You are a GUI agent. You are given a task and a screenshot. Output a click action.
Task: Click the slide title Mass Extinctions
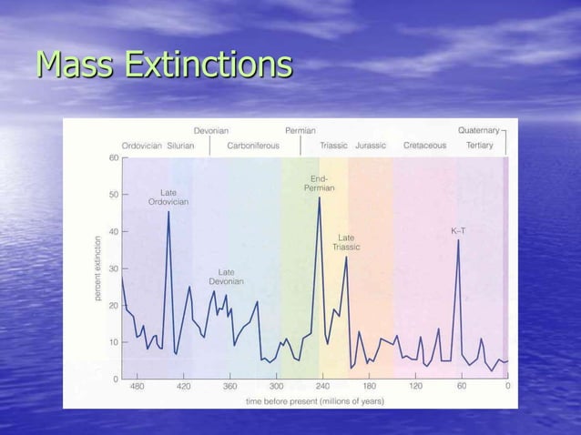click(164, 66)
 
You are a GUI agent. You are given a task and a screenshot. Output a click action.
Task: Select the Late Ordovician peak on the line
click(168, 213)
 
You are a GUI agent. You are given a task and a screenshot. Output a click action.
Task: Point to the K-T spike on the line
click(458, 240)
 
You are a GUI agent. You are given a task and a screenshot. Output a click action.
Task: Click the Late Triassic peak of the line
click(346, 257)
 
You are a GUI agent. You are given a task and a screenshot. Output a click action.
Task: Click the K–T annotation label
click(458, 231)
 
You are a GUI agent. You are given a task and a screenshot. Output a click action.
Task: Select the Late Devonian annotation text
click(226, 277)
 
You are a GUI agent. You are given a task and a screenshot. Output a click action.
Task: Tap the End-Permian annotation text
click(320, 183)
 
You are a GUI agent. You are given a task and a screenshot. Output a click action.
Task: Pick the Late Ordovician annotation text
click(168, 197)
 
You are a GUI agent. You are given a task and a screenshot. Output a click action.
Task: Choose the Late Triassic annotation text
click(346, 242)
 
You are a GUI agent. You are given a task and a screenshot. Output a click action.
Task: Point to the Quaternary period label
click(478, 130)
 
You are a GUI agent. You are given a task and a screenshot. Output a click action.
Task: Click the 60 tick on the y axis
click(113, 157)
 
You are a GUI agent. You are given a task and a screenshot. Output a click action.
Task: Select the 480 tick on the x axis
click(137, 386)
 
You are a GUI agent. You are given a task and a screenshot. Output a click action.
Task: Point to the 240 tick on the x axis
click(323, 386)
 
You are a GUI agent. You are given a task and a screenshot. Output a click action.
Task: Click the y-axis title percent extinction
click(98, 269)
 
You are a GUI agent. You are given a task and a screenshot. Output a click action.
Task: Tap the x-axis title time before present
click(314, 400)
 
